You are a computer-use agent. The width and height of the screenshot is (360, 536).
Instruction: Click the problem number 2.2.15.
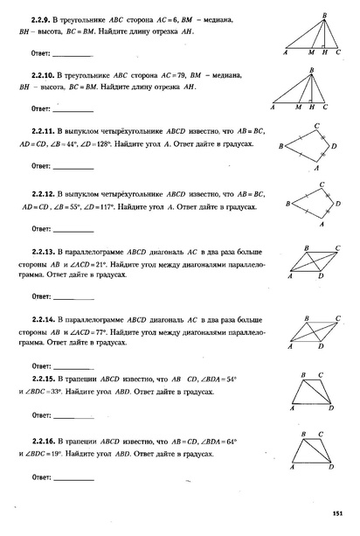[x=45, y=382]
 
